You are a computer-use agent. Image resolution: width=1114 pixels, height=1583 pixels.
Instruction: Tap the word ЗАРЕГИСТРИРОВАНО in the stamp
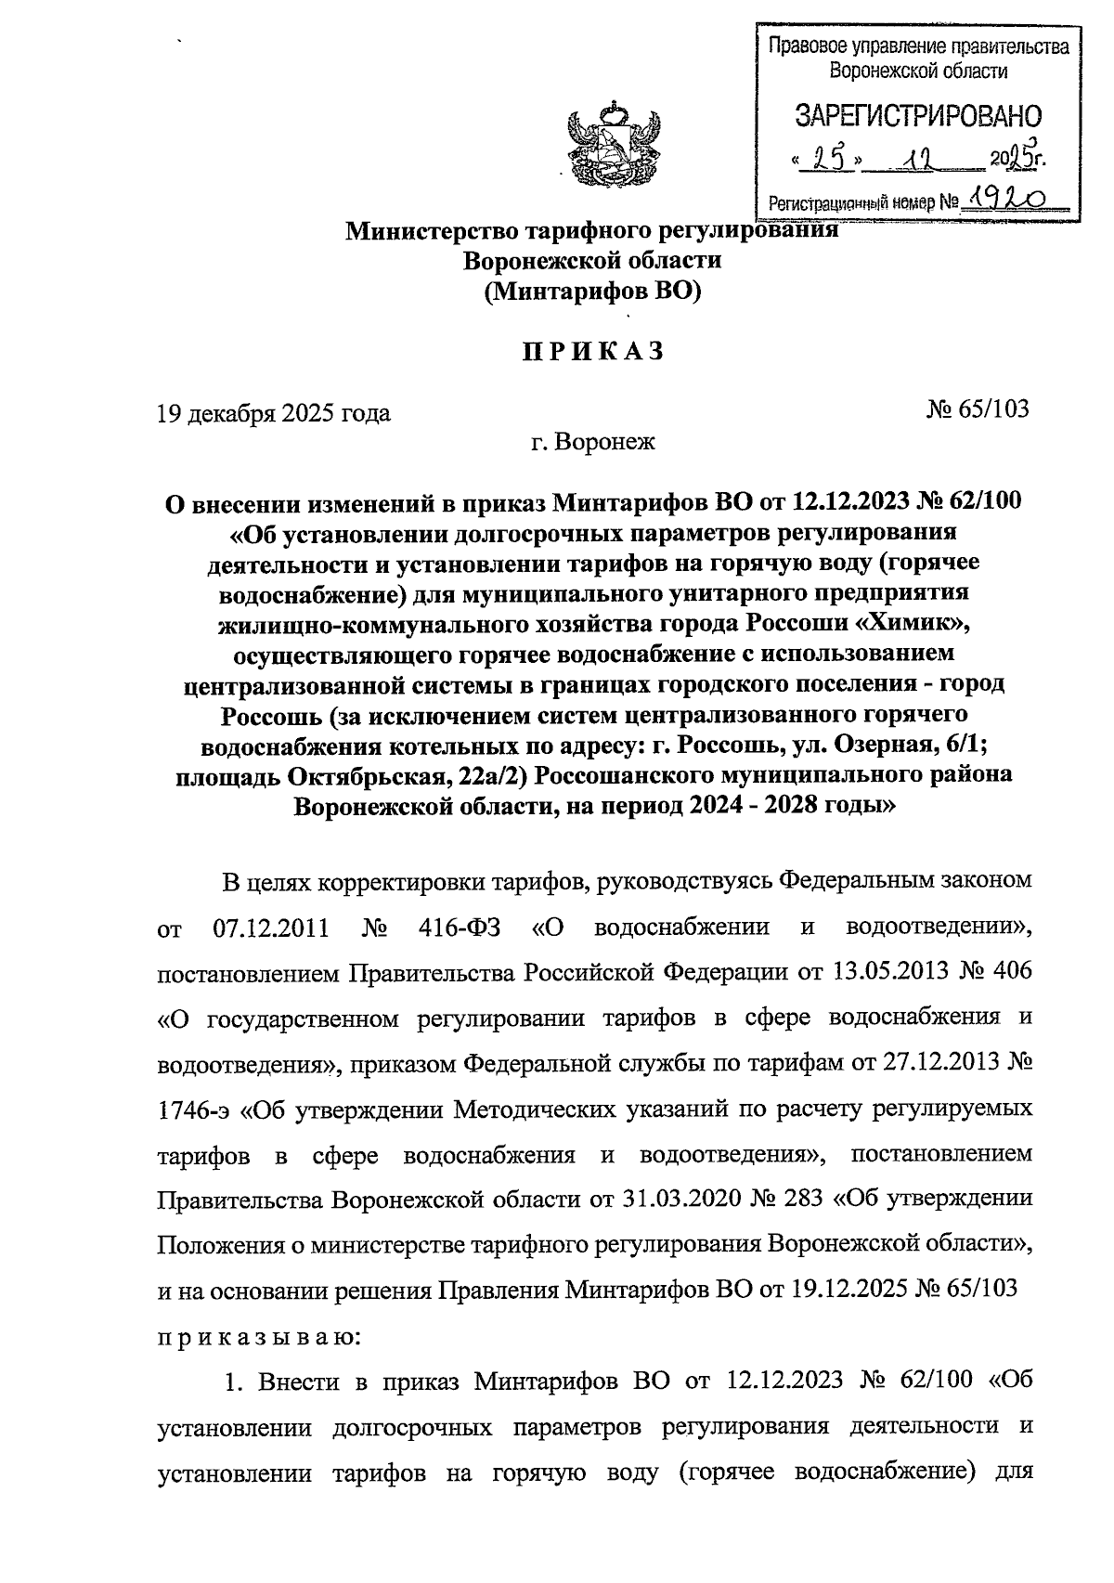click(917, 116)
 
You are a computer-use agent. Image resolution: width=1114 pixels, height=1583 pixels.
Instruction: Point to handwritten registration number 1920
click(1006, 197)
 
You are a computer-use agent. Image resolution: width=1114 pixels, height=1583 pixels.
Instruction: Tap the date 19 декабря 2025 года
click(274, 413)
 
